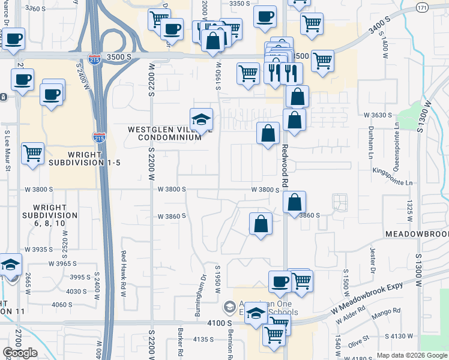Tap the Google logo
coord(20,353)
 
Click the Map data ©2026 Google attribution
coord(412,355)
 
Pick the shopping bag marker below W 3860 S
coord(261,224)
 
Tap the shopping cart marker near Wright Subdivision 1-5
coord(33,153)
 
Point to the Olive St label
coord(360,340)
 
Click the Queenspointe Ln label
coord(397,139)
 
